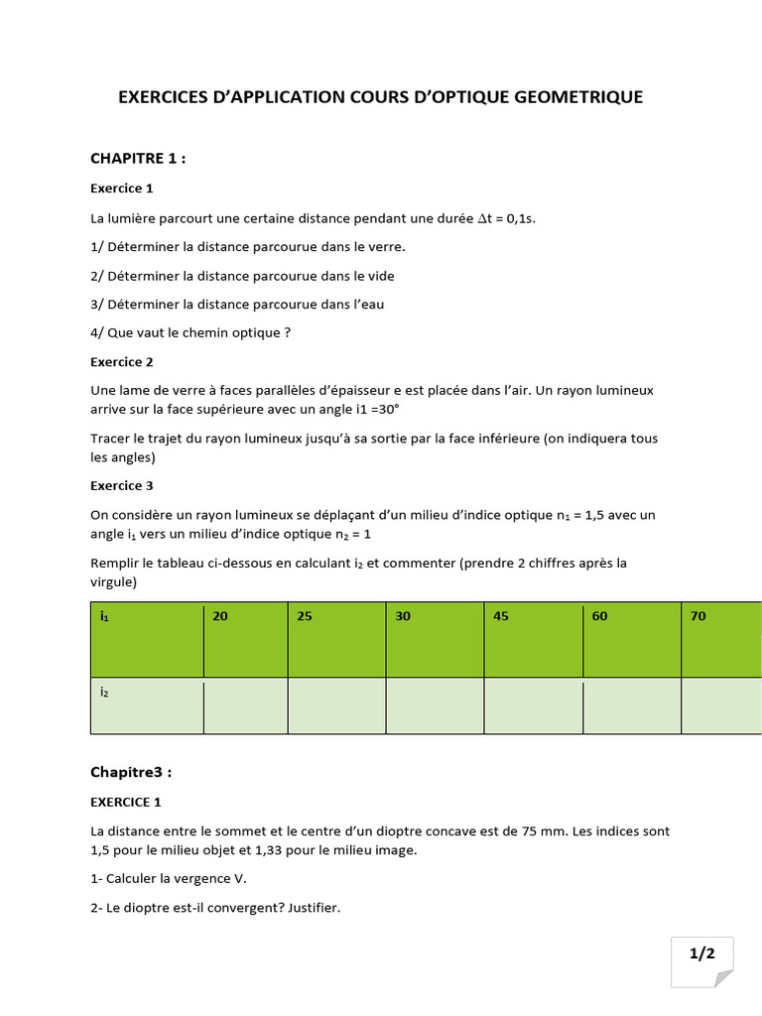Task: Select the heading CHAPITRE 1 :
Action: [x=138, y=159]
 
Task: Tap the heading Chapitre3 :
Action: [x=137, y=772]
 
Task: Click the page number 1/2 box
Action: [x=702, y=954]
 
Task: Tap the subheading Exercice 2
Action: [x=122, y=362]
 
